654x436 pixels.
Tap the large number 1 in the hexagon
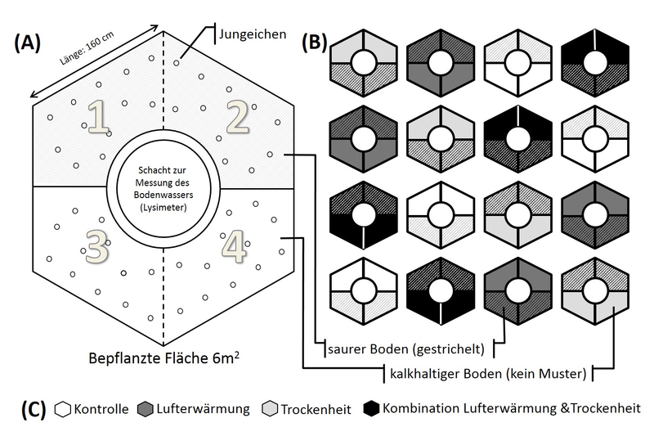tap(99, 119)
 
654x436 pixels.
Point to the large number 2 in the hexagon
tap(237, 118)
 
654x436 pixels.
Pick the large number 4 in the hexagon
tap(235, 248)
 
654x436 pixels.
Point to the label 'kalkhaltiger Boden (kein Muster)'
tap(487, 374)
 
